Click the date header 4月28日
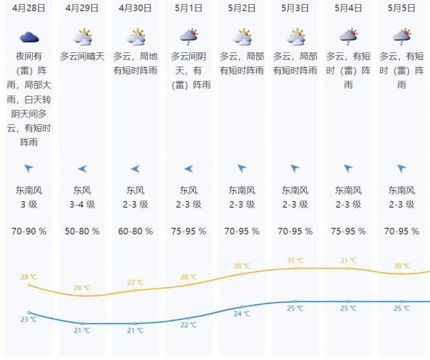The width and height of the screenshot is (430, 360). (29, 8)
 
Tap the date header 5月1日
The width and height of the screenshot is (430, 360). (188, 8)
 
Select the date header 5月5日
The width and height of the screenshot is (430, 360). (401, 8)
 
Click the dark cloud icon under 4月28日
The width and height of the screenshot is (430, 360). (29, 37)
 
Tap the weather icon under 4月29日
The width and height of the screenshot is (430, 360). (82, 36)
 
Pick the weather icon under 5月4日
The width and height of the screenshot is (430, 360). (348, 36)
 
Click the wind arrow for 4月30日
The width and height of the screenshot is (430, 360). (135, 169)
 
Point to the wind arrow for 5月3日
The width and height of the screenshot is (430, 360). (295, 169)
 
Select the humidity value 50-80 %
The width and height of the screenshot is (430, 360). (82, 231)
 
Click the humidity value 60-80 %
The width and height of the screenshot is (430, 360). (135, 231)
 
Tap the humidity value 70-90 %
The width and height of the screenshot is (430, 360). (29, 231)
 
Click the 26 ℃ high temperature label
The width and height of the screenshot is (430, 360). (82, 288)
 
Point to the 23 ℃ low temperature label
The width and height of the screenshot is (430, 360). (28, 319)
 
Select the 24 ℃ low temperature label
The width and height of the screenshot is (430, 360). (242, 314)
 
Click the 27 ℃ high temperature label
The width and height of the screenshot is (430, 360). (135, 283)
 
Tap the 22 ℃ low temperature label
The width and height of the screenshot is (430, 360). (189, 325)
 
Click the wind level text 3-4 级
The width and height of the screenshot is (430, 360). (82, 204)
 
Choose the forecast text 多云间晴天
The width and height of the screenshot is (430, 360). (82, 56)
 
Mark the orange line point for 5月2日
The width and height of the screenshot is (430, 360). (242, 273)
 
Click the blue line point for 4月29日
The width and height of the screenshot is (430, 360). (82, 323)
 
